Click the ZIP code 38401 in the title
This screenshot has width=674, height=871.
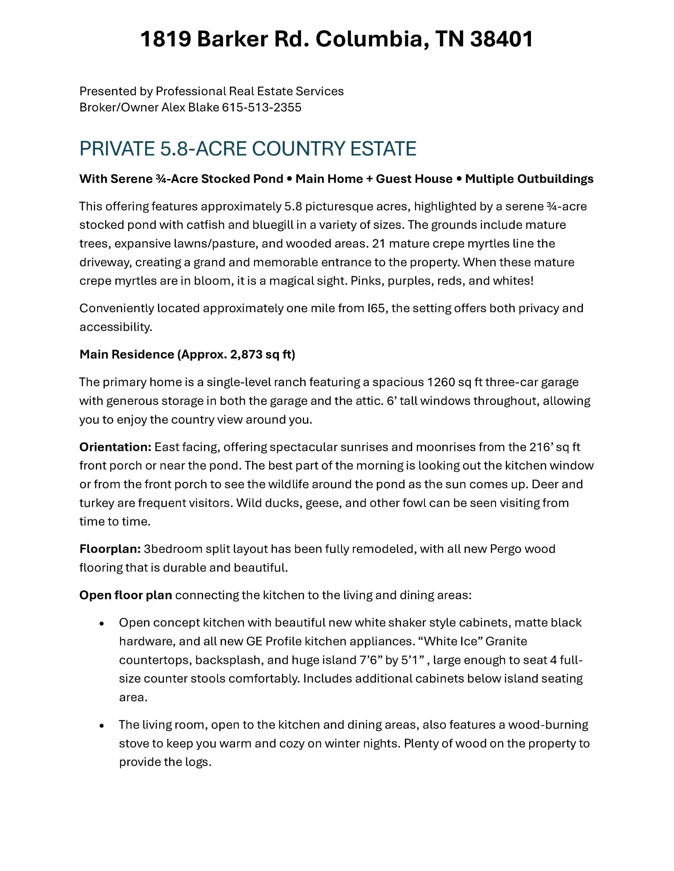[502, 39]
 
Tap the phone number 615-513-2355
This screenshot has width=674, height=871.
[261, 107]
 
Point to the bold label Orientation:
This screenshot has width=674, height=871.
[115, 447]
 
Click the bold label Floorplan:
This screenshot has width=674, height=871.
[110, 549]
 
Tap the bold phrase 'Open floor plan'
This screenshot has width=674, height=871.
[126, 595]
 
